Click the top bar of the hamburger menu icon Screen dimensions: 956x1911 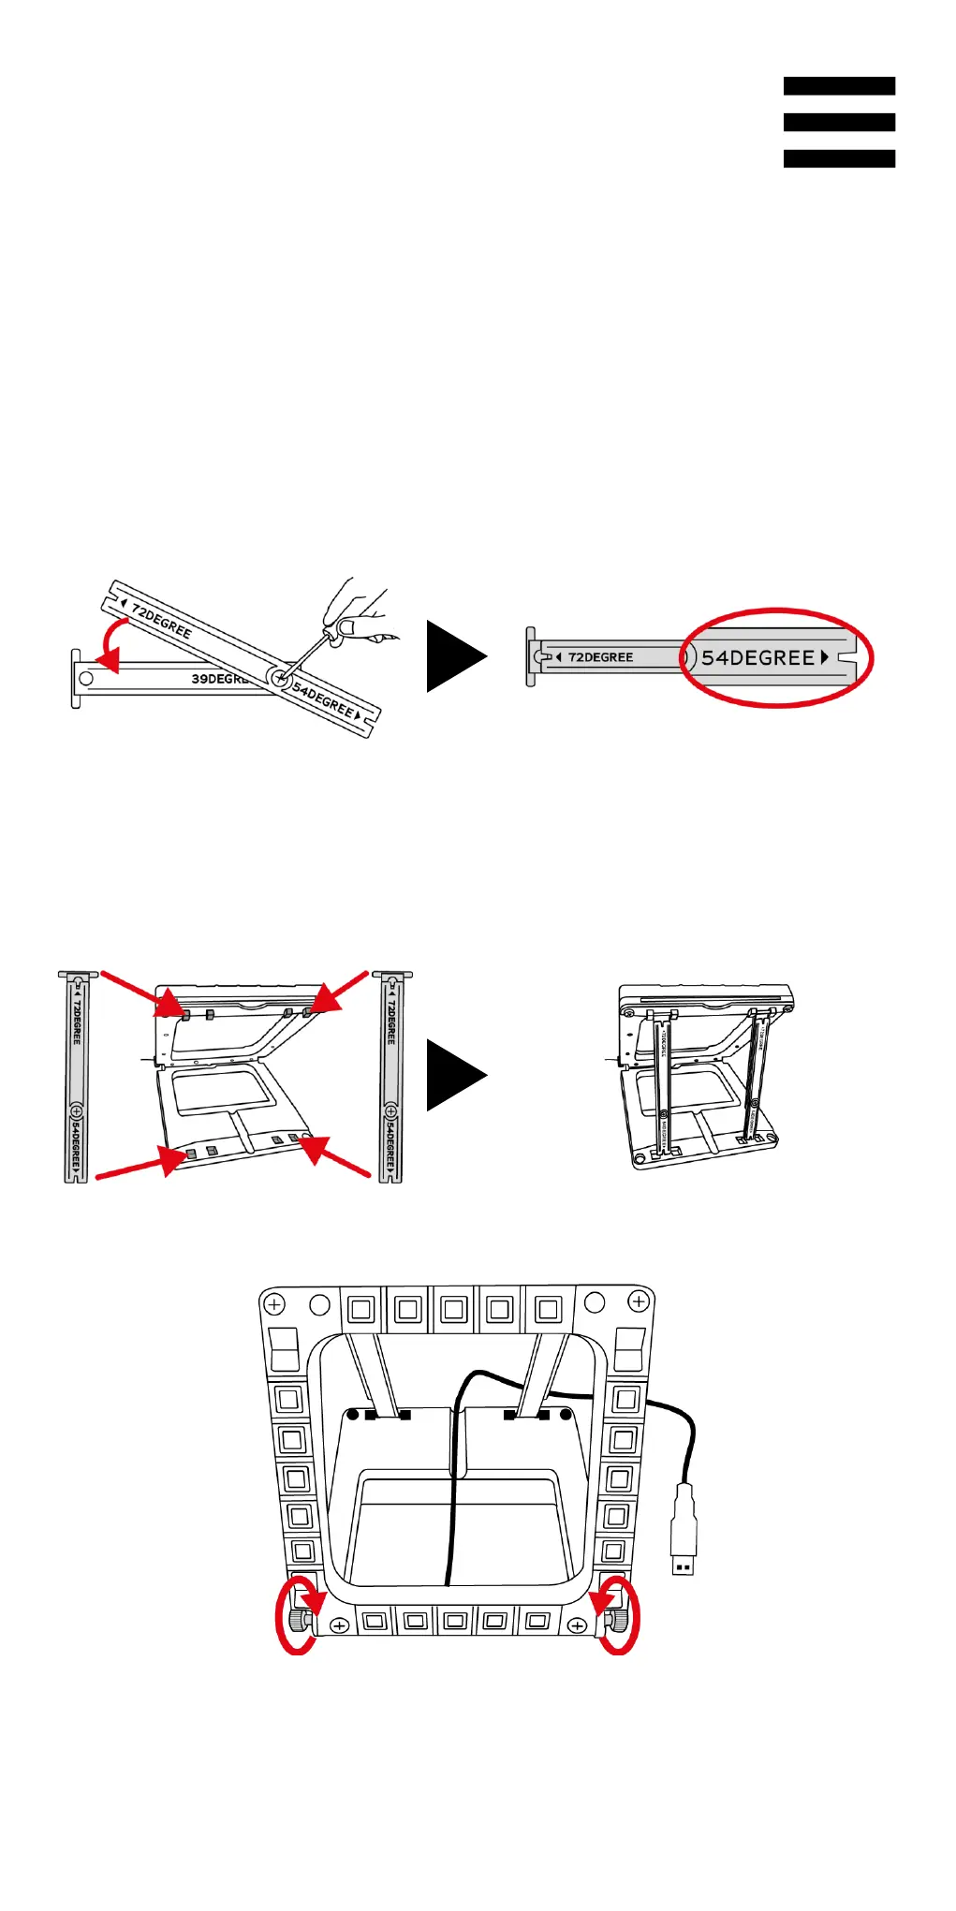click(x=839, y=86)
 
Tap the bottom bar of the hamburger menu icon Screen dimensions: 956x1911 click(x=839, y=158)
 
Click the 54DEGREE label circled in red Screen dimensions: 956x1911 click(x=758, y=657)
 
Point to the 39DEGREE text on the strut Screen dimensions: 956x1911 click(x=217, y=678)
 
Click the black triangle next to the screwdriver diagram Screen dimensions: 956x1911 click(x=452, y=656)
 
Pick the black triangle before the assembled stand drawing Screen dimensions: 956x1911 click(x=452, y=1075)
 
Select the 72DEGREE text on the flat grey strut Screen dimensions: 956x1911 click(x=600, y=657)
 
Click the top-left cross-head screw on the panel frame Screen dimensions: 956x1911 click(x=274, y=1303)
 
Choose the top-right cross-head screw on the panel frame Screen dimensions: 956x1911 click(x=639, y=1301)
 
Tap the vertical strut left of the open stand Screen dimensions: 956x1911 click(x=77, y=1077)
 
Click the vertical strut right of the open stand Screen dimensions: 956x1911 click(x=391, y=1077)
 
